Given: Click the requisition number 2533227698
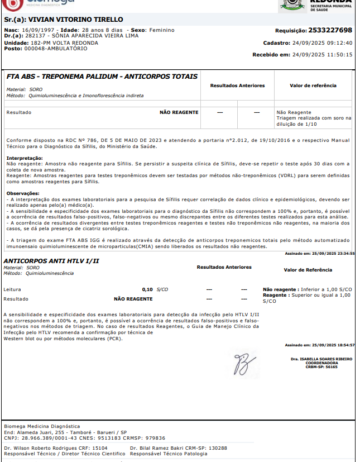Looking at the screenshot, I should click(x=330, y=30).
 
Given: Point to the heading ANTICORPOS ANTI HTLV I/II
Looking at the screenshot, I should click(x=51, y=261).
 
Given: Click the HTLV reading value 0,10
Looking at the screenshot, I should click(x=147, y=289).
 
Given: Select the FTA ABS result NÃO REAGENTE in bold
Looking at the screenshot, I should click(x=179, y=112).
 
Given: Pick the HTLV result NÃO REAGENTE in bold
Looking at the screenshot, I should click(x=133, y=299).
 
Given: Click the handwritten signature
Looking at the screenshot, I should click(x=243, y=364).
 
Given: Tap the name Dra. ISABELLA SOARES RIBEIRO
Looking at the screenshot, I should click(x=321, y=359).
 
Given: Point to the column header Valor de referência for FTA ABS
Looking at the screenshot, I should click(x=313, y=85).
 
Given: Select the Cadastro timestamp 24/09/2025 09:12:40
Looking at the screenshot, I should click(x=330, y=42).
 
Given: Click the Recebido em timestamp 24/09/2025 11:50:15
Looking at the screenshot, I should click(x=330, y=55).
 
